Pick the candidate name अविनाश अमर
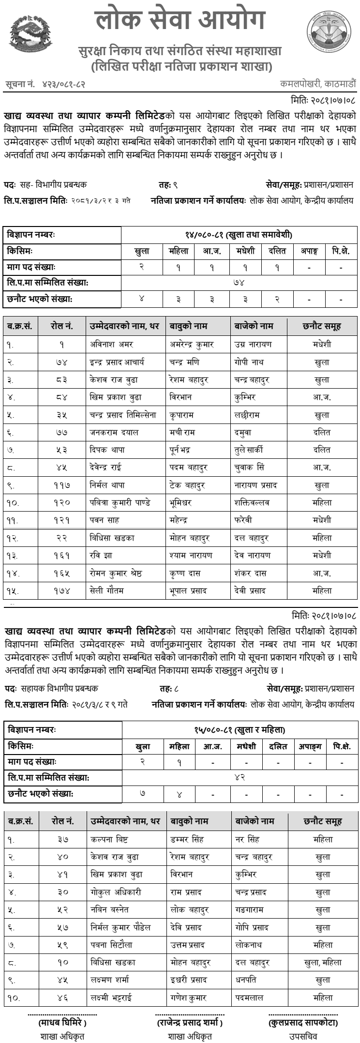click(111, 345)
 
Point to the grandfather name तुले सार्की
click(248, 450)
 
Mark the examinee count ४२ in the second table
click(240, 777)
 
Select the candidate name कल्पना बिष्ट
click(109, 840)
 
